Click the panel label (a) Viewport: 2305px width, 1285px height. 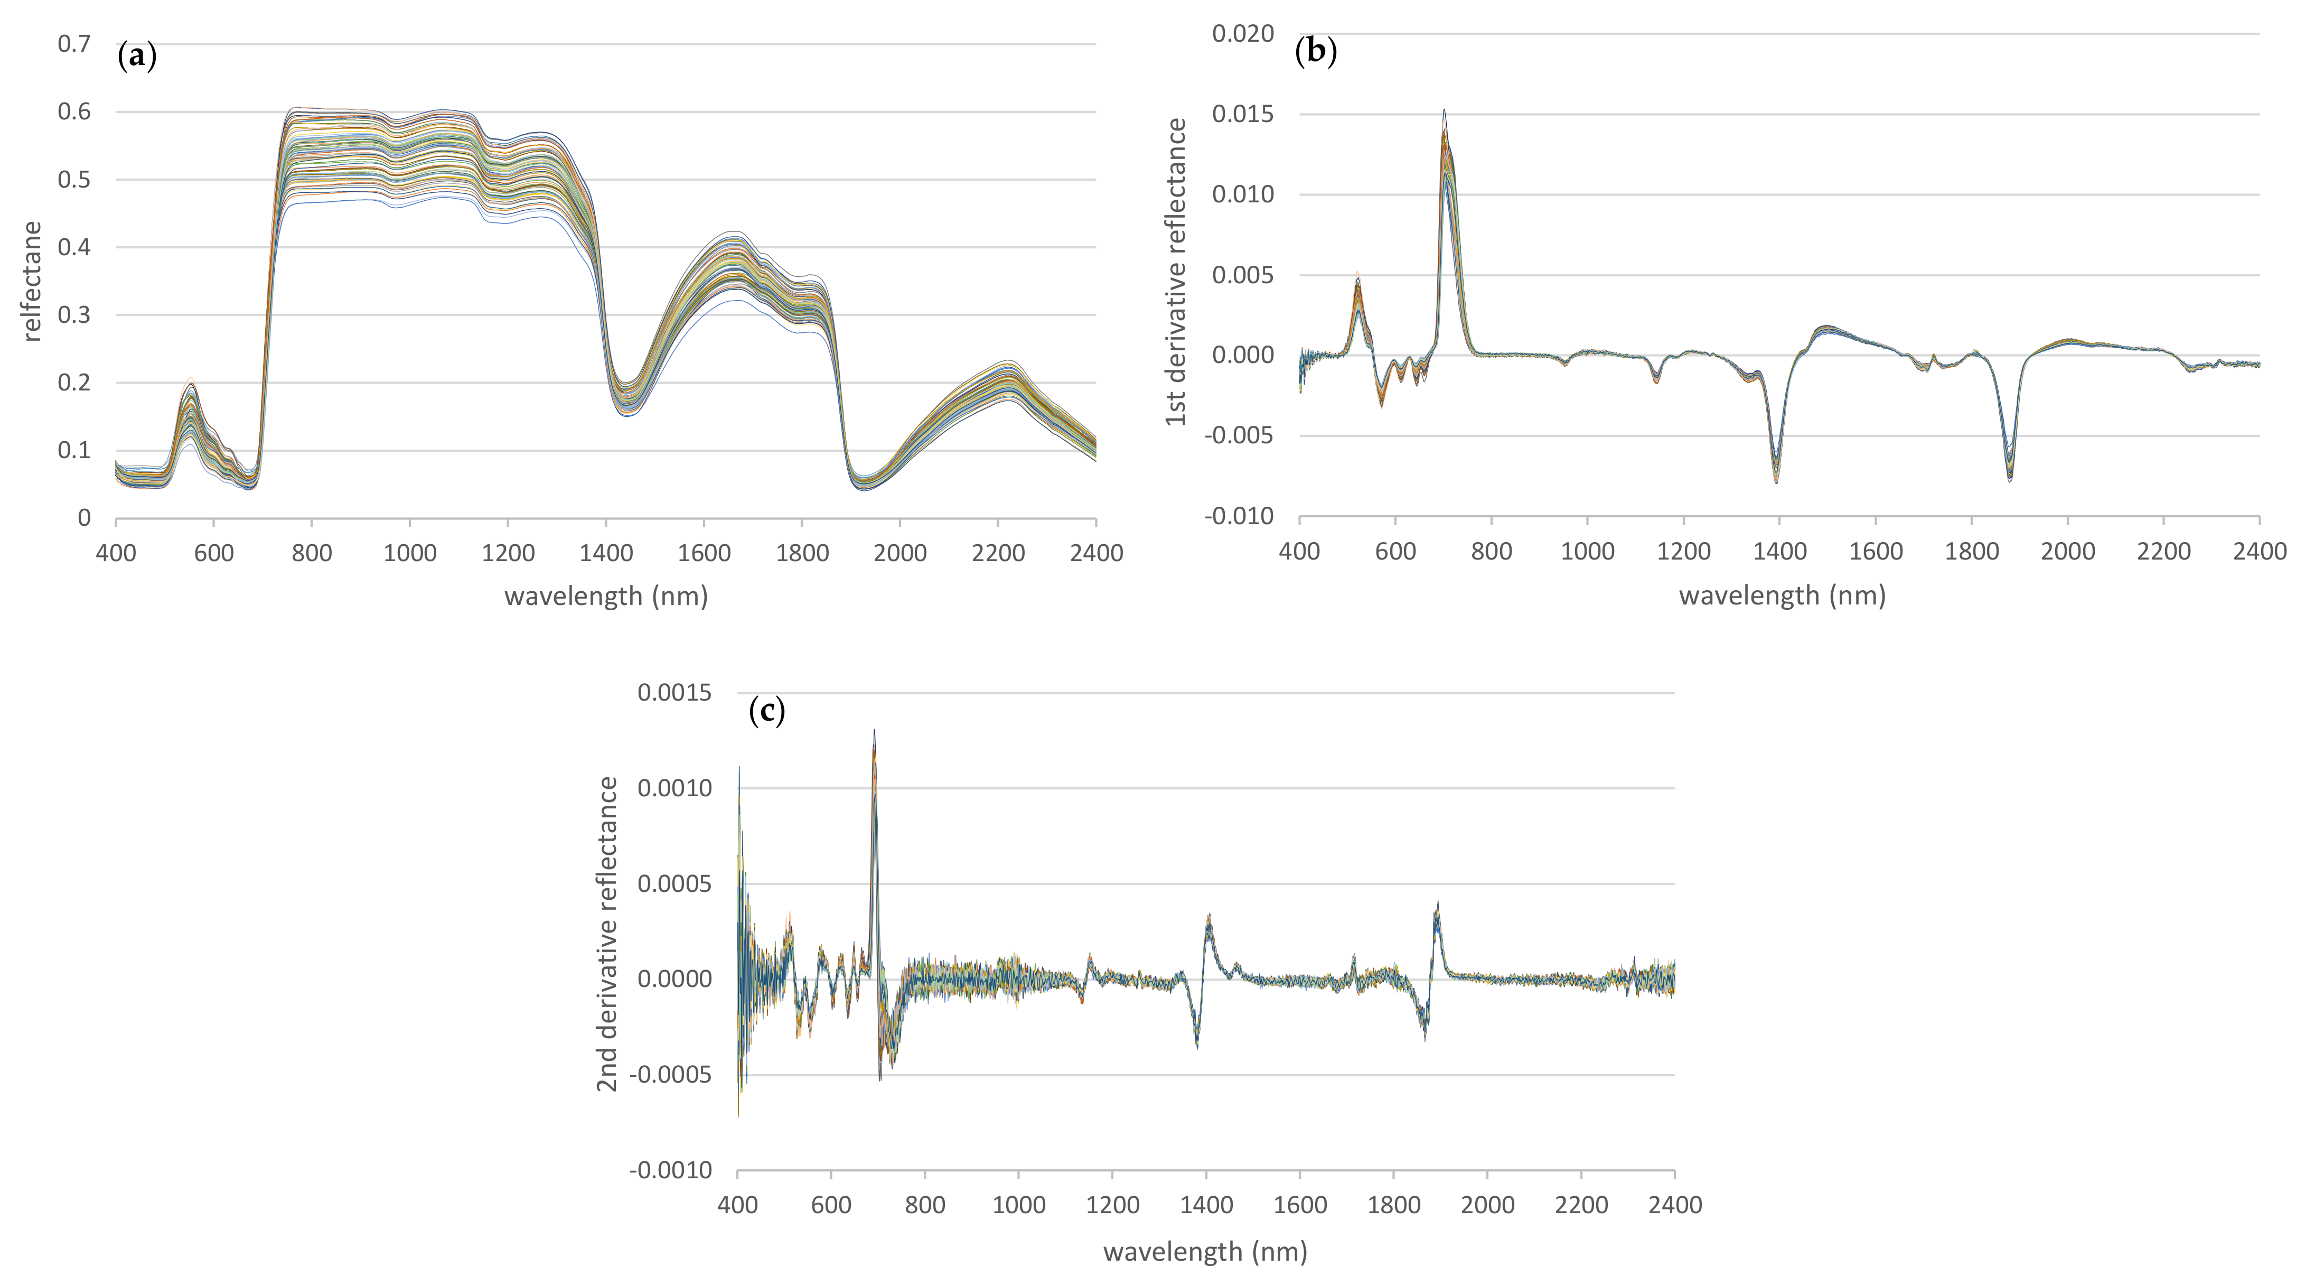coord(137,57)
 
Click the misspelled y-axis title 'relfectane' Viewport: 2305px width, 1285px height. coord(32,281)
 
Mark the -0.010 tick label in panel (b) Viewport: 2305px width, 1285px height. coord(1239,516)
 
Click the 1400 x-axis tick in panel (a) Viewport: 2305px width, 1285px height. coord(606,553)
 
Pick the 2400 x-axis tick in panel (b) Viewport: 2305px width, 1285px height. coord(2259,551)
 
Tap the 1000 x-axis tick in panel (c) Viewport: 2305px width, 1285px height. coord(1018,1205)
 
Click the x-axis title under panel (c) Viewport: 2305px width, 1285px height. coord(1204,1251)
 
